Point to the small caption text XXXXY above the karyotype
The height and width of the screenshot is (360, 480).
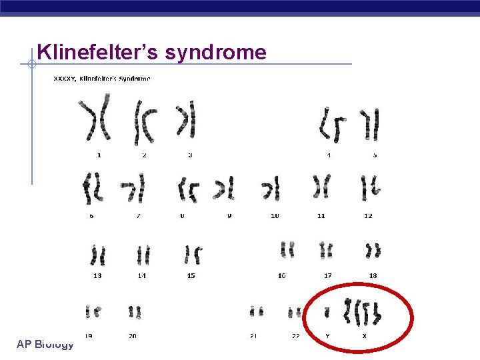pos(64,79)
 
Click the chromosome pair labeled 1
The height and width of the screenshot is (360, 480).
pos(95,120)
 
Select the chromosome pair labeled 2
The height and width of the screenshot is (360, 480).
pos(145,121)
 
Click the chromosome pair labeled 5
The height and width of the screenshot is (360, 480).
pos(370,124)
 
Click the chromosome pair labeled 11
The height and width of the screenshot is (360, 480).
pos(321,187)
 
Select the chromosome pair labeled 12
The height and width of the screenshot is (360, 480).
pos(369,188)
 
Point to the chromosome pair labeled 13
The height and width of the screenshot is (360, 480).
pos(98,255)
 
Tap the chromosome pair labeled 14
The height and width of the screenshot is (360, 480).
pos(143,255)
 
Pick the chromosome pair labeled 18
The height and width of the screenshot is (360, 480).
pos(373,251)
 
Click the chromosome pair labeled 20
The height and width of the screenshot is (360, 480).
pos(135,311)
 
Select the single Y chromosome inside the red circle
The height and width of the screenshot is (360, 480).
pos(327,311)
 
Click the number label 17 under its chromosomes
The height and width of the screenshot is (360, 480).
pos(327,275)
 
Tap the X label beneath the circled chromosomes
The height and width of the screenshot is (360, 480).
pos(364,335)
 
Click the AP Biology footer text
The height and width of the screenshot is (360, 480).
pos(45,344)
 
